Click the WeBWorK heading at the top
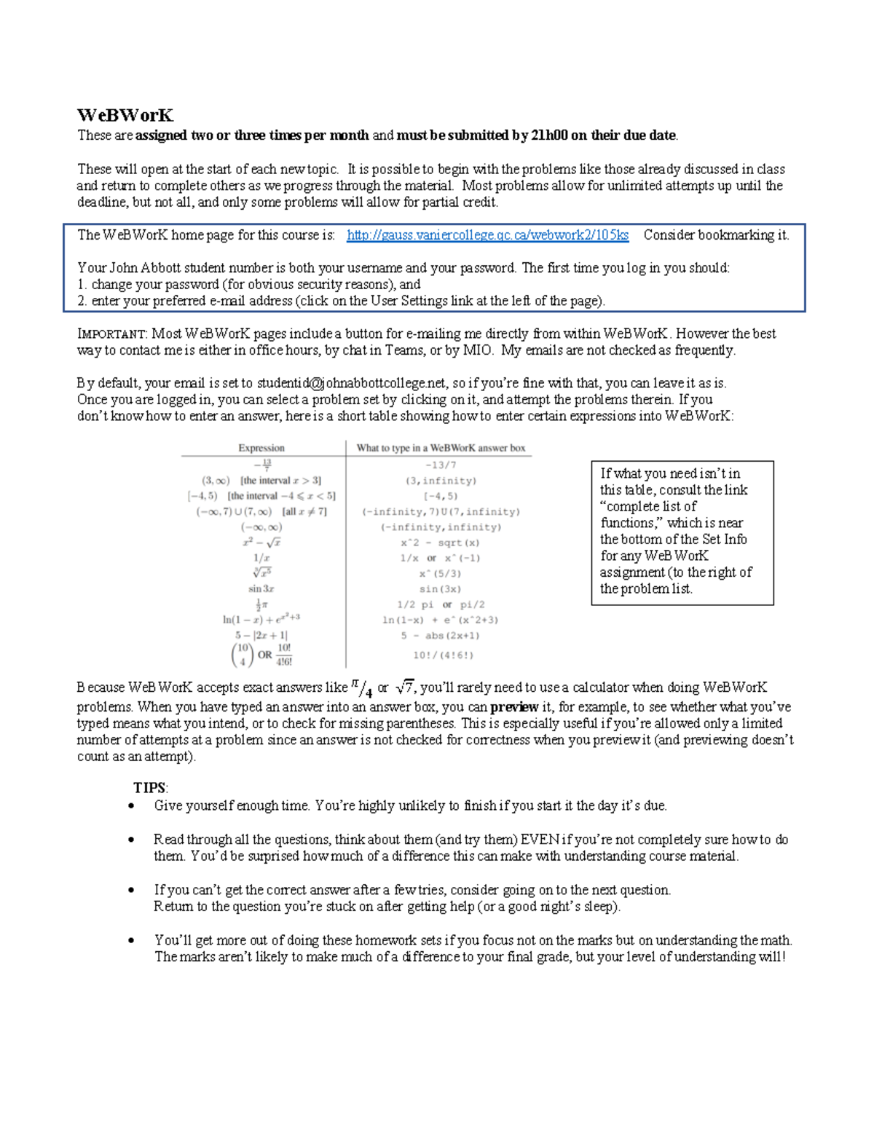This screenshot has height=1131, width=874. pyautogui.click(x=125, y=115)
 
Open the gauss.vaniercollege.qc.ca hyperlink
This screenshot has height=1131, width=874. pyautogui.click(x=487, y=235)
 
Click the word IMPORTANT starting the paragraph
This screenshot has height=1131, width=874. pyautogui.click(x=112, y=334)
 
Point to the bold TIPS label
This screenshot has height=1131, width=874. pyautogui.click(x=150, y=788)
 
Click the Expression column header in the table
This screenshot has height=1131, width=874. pyautogui.click(x=261, y=448)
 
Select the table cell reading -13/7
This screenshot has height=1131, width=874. pyautogui.click(x=441, y=465)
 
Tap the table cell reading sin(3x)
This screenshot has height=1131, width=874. pyautogui.click(x=440, y=589)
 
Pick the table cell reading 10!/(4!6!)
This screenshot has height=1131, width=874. pyautogui.click(x=443, y=655)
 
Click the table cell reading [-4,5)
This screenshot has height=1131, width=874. pyautogui.click(x=441, y=496)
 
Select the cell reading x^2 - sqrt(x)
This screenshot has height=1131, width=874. pyautogui.click(x=440, y=543)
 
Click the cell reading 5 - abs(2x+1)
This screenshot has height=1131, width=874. pyautogui.click(x=440, y=636)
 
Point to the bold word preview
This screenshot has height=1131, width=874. pyautogui.click(x=514, y=707)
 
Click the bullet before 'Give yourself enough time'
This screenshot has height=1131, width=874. pyautogui.click(x=131, y=806)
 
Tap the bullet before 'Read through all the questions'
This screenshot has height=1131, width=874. pyautogui.click(x=131, y=840)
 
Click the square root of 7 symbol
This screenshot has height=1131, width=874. pyautogui.click(x=404, y=687)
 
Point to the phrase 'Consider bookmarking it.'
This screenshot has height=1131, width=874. pyautogui.click(x=716, y=235)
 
